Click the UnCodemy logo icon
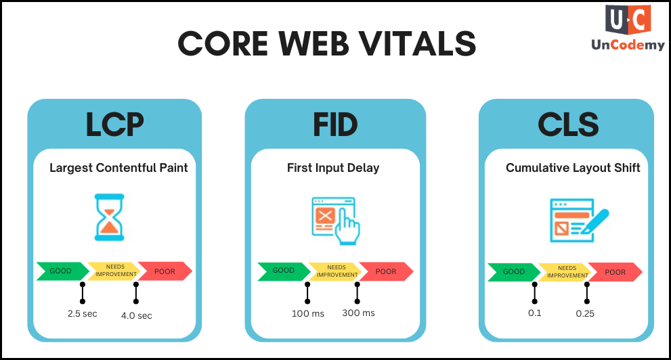[628, 20]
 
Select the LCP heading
[114, 125]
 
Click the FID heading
[335, 125]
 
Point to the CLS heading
[568, 125]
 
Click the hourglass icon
[110, 217]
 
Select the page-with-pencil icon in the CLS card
[579, 220]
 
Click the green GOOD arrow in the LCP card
[62, 271]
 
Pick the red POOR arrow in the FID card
[386, 271]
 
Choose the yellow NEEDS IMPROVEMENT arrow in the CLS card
[565, 272]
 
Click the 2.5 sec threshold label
[82, 314]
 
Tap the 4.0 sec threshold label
[137, 315]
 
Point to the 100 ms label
[308, 314]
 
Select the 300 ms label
[359, 313]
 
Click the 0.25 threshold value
[585, 313]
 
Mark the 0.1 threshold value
[534, 313]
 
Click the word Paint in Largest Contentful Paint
[174, 168]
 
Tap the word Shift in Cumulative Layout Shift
[628, 168]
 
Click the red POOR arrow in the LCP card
[165, 271]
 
